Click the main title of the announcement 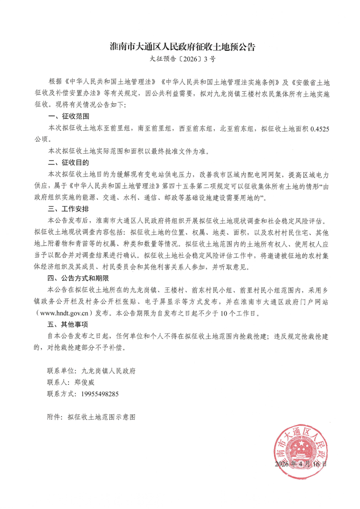tap(183, 47)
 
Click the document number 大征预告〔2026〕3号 tap(183, 59)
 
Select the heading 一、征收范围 tap(69, 116)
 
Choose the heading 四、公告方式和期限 tap(78, 278)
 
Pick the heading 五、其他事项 tap(68, 325)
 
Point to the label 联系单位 tap(60, 371)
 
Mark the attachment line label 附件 tap(54, 417)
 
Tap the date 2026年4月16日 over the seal tap(301, 464)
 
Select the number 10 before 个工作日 tap(224, 313)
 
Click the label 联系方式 tap(60, 394)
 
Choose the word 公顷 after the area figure tap(41, 140)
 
